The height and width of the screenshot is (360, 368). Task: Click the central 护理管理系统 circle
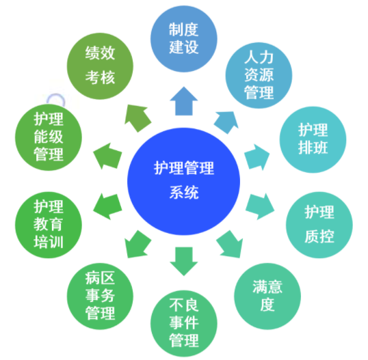click(183, 181)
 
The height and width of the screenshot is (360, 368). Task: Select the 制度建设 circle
click(184, 39)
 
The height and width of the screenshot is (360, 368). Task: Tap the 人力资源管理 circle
click(259, 75)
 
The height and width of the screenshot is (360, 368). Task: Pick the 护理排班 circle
click(313, 139)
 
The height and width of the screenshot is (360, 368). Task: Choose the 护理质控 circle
click(319, 225)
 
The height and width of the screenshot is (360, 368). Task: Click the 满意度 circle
click(267, 296)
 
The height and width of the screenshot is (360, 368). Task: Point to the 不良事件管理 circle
click(184, 323)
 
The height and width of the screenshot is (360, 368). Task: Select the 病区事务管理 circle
click(100, 296)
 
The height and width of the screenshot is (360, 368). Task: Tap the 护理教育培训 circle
click(49, 225)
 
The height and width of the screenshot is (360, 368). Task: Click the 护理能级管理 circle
click(49, 137)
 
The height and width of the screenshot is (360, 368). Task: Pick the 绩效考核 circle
click(100, 66)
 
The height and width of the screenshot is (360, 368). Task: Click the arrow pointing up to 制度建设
click(184, 101)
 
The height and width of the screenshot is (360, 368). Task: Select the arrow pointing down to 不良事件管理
click(184, 261)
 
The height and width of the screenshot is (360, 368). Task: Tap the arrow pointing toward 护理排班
click(257, 157)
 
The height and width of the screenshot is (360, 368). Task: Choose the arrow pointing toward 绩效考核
click(137, 118)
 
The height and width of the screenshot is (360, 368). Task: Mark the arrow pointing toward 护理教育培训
click(107, 206)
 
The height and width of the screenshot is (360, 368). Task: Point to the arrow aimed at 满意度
click(230, 245)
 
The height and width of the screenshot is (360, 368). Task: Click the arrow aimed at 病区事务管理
click(137, 245)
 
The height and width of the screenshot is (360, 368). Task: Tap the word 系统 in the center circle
click(184, 193)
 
